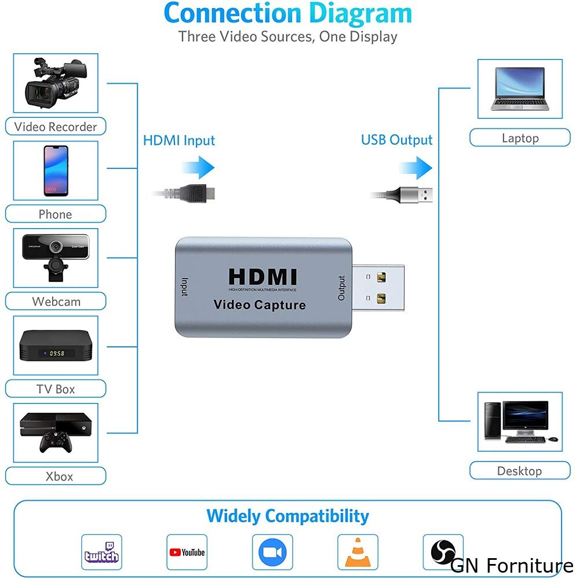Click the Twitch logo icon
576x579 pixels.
coord(101,552)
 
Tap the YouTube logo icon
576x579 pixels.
coord(187,552)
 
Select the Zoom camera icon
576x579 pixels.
coord(272,552)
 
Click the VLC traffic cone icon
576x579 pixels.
coord(358,552)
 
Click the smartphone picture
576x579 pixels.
coord(56,171)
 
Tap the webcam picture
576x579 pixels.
coord(56,258)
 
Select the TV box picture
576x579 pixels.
coord(56,346)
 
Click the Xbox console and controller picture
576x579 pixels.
coord(56,433)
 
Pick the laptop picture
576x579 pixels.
coord(519,89)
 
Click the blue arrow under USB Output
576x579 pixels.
coord(415,168)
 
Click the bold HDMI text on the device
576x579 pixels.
coord(262,277)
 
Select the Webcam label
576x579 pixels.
coord(56,302)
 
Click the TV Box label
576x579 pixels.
coord(56,389)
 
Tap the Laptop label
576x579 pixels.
coord(520,138)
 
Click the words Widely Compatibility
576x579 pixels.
coord(287,515)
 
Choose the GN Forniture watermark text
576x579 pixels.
coord(512,565)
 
